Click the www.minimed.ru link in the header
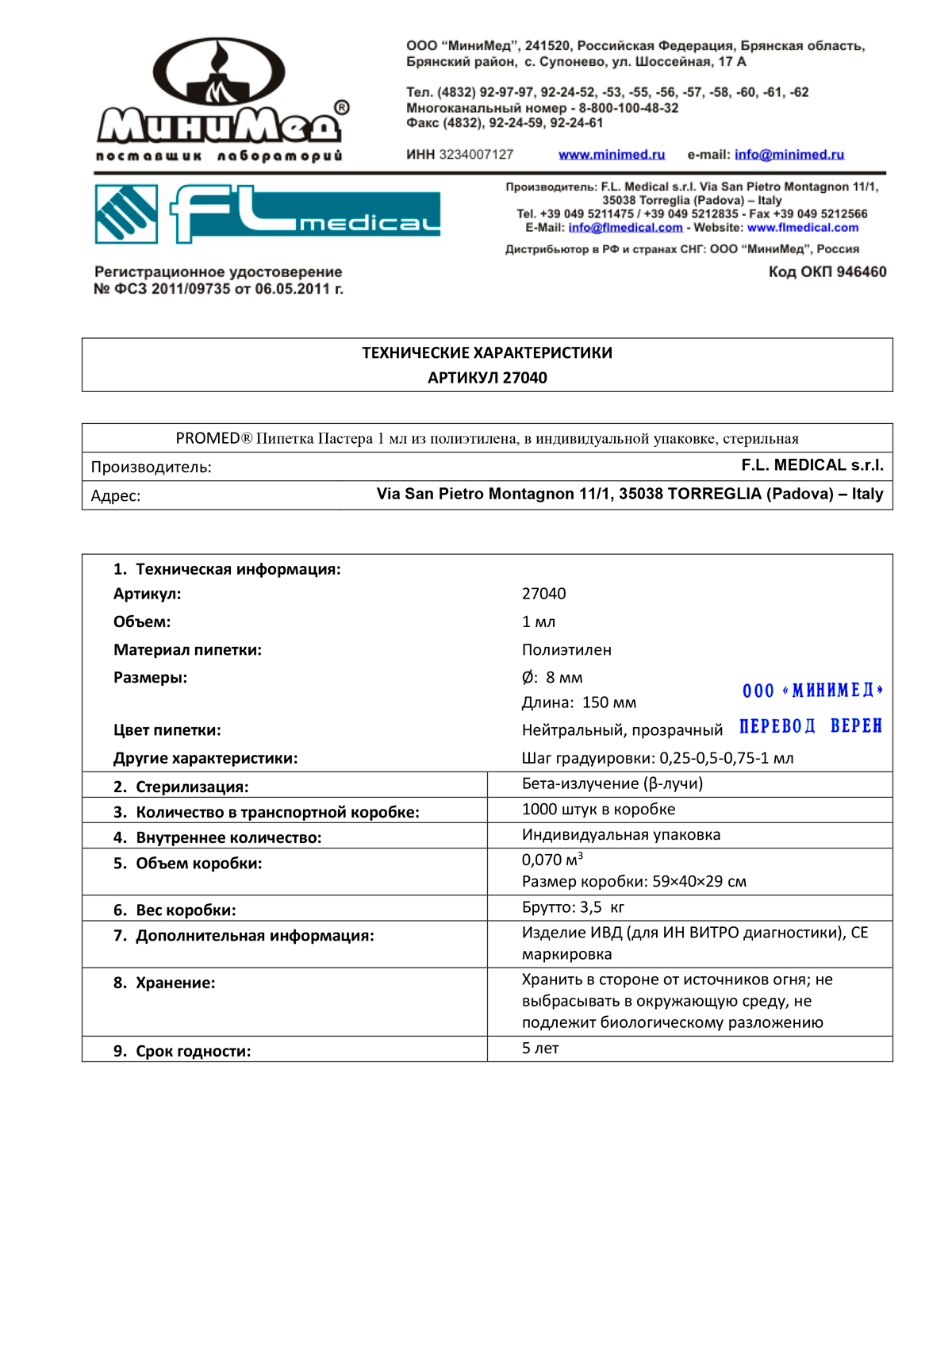click(x=612, y=155)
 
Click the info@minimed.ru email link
click(x=789, y=155)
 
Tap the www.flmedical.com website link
click(x=803, y=228)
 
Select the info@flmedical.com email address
click(x=625, y=228)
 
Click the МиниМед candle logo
click(x=221, y=99)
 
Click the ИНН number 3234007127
click(x=476, y=155)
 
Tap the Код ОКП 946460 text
click(x=827, y=272)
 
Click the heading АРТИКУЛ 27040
click(x=487, y=378)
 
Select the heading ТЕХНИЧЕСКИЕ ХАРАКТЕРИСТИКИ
click(x=487, y=353)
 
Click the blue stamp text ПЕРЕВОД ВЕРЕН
click(x=810, y=726)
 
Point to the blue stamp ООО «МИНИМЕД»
click(x=812, y=691)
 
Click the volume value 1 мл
click(x=539, y=622)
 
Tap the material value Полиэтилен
click(x=566, y=650)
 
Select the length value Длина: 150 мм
click(x=579, y=702)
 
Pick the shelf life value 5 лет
click(x=540, y=1049)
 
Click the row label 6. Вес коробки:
click(x=175, y=910)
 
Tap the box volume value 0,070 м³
click(x=552, y=860)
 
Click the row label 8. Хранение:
click(x=164, y=983)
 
